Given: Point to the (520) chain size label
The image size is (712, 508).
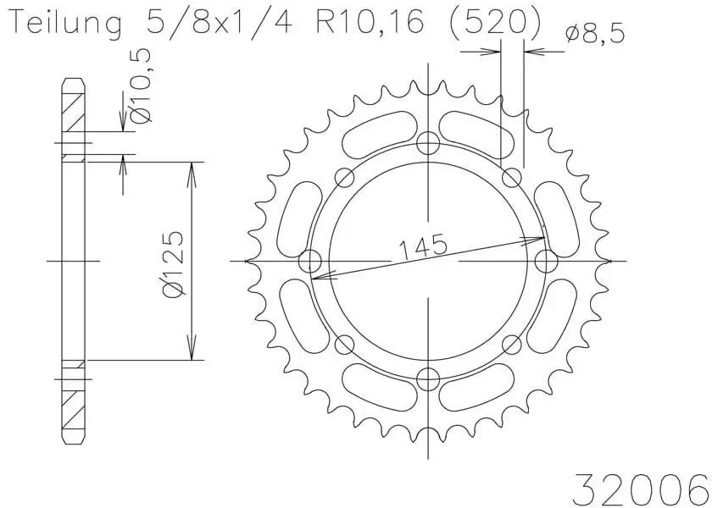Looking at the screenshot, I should pos(492,24).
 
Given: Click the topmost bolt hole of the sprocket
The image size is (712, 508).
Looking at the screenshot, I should pos(430,142).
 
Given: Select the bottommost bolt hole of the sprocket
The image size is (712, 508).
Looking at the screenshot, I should pos(430,378).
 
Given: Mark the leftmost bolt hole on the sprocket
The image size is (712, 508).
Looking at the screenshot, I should pos(311,260).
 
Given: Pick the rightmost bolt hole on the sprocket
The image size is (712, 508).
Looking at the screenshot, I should pos(547,260).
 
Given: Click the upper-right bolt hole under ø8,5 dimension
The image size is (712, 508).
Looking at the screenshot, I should pos(512,177).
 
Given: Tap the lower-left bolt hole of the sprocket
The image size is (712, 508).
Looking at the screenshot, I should pos(345,344).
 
